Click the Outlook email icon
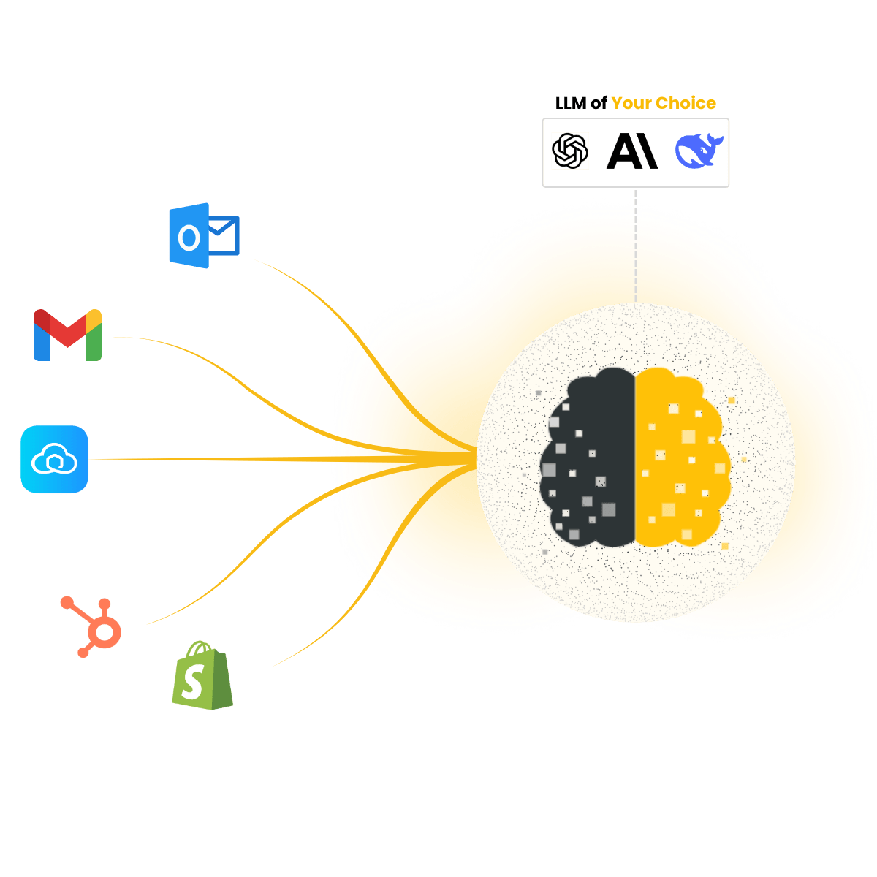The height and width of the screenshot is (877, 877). [x=202, y=235]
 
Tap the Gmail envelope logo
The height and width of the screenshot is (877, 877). [x=67, y=335]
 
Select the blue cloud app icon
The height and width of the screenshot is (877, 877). [x=54, y=459]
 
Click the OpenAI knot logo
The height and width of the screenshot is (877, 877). [x=570, y=151]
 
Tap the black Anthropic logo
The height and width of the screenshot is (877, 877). [x=632, y=151]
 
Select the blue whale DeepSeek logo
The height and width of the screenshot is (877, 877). [x=699, y=151]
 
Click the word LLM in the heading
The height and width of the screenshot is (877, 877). [x=571, y=103]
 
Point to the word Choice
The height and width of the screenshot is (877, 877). [x=686, y=103]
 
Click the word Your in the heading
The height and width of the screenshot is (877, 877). [x=631, y=103]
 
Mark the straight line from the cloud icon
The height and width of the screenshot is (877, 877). [x=219, y=459]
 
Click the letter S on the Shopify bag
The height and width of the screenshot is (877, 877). [x=193, y=683]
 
